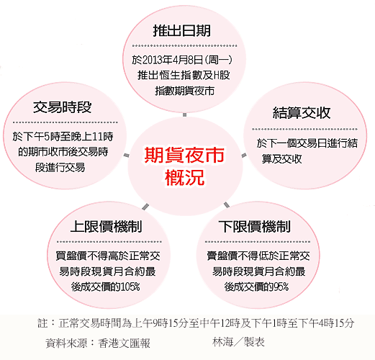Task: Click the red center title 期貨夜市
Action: pos(184,156)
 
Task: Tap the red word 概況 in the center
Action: pos(184,177)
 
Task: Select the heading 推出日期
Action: pos(182,30)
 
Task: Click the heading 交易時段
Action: pos(63,107)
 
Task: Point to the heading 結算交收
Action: pos(302,113)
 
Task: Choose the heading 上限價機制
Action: pos(107,226)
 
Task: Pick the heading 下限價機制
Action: pos(255,226)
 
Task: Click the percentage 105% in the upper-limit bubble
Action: pos(130,287)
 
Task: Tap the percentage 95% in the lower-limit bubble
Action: pos(281,287)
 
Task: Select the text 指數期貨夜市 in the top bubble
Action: pos(185,91)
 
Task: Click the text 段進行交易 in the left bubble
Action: pos(60,167)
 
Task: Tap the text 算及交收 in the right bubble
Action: pos(282,158)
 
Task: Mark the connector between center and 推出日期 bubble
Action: pos(184,114)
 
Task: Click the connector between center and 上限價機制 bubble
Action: pos(145,207)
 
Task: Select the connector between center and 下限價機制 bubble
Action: pos(227,204)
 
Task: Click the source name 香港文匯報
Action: pos(124,343)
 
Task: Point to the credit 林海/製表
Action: pos(238,342)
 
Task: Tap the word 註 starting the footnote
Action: pos(42,323)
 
